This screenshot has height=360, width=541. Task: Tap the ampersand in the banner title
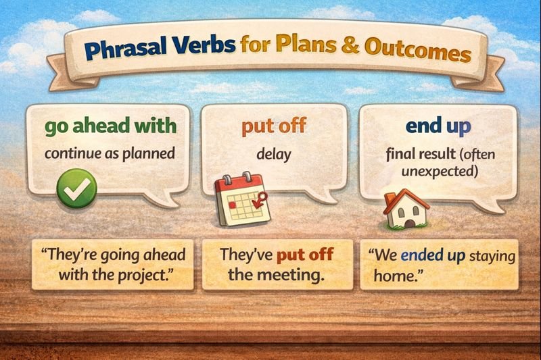350,45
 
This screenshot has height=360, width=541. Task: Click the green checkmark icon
76,188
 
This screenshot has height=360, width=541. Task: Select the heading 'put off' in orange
274,126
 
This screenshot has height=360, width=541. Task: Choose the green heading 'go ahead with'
110,126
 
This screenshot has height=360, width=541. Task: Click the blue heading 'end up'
438,126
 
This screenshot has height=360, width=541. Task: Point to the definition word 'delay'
274,155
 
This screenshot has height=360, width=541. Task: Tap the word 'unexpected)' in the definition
440,171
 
